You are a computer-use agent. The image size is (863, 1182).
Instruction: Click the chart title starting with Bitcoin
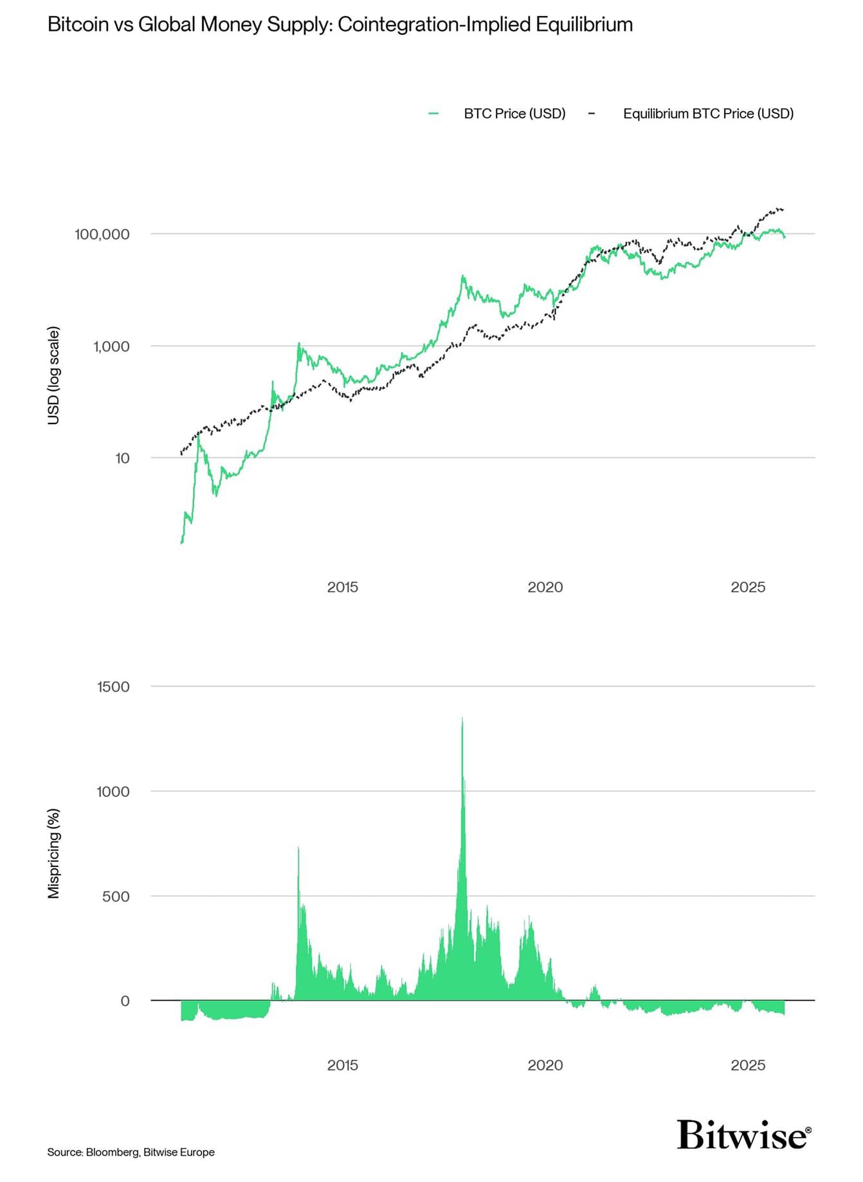click(340, 24)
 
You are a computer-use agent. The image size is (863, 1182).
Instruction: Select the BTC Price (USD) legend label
click(514, 114)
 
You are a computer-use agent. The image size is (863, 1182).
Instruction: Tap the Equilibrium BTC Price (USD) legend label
click(708, 114)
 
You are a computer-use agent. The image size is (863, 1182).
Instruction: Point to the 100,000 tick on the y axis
click(102, 234)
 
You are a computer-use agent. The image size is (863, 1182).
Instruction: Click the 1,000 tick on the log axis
click(111, 346)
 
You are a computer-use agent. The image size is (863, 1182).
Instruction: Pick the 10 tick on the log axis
click(122, 458)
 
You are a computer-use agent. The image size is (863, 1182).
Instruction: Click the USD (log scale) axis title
click(54, 375)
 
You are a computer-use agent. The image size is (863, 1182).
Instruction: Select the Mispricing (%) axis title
click(54, 853)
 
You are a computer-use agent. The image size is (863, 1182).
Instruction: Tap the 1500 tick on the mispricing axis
click(113, 686)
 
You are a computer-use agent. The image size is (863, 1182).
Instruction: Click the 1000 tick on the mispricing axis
click(113, 791)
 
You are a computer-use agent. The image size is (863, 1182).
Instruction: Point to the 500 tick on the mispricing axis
click(116, 896)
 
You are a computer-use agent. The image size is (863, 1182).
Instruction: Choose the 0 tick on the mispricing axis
click(125, 1001)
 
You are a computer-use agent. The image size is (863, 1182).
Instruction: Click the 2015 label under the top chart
click(342, 587)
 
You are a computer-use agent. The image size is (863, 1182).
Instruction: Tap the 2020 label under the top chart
click(545, 587)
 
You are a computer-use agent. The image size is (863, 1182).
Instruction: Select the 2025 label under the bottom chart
click(748, 1065)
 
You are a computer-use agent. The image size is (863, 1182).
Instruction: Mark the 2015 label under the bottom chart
click(342, 1065)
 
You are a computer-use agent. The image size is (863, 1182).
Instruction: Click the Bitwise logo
click(744, 1136)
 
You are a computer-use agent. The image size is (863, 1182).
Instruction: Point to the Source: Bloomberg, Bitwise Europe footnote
click(131, 1152)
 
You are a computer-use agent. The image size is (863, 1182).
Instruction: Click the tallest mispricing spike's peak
click(462, 719)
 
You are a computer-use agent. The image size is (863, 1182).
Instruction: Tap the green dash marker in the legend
click(433, 114)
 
